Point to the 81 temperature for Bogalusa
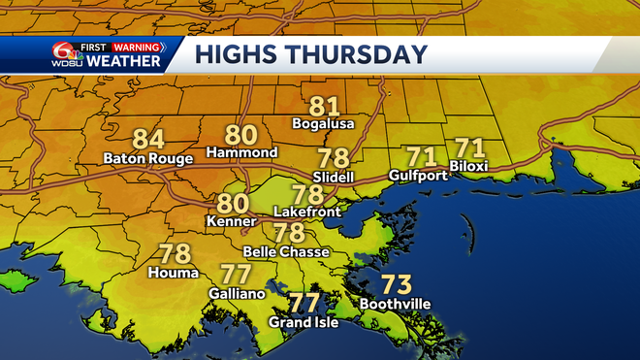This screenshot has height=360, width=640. (x=325, y=107)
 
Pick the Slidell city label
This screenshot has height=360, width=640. (x=334, y=177)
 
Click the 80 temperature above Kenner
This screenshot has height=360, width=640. (x=233, y=204)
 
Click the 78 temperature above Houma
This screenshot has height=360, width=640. (x=175, y=254)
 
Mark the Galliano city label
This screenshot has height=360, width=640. (x=236, y=292)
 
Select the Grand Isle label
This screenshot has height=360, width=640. (x=303, y=322)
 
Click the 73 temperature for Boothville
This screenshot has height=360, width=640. (x=395, y=285)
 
